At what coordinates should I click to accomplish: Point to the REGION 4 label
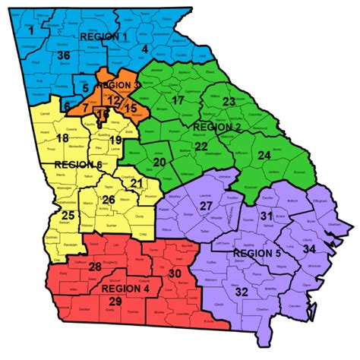[125, 289]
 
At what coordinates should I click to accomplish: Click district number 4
[144, 50]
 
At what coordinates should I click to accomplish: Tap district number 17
[178, 101]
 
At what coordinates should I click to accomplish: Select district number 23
[229, 103]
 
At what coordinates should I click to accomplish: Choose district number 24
[264, 156]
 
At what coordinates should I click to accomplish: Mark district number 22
[201, 146]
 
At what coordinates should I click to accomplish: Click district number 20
[160, 163]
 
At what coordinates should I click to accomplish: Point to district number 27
[206, 207]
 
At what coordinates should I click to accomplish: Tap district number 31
[266, 217]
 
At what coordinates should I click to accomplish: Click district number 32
[242, 292]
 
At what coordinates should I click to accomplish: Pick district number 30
[174, 273]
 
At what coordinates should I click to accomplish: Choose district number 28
[96, 267]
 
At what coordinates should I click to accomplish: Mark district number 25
[68, 216]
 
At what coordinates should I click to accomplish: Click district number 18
[62, 137]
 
